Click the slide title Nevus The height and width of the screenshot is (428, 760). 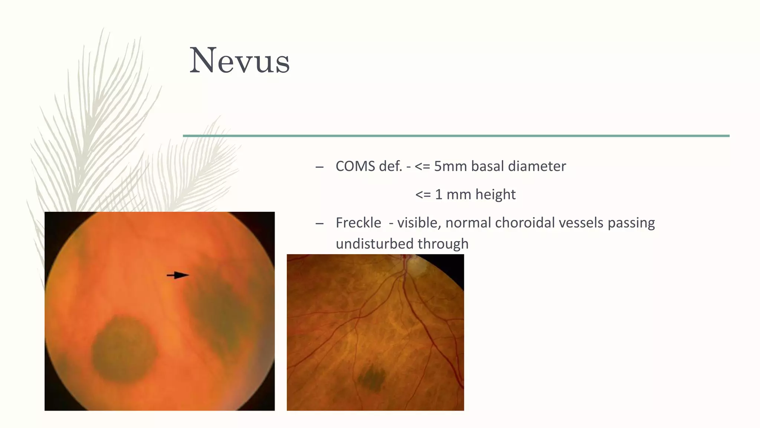coord(239,61)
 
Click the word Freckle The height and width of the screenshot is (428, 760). coord(358,223)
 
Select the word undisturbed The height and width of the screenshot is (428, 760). coord(374,244)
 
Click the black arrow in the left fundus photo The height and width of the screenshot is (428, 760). coord(178,275)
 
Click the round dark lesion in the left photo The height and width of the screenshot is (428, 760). coord(124,349)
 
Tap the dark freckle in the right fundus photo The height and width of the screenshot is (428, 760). coord(371,378)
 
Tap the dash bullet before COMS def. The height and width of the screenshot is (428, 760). coord(319,167)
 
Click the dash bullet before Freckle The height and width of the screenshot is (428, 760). coord(319,224)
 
